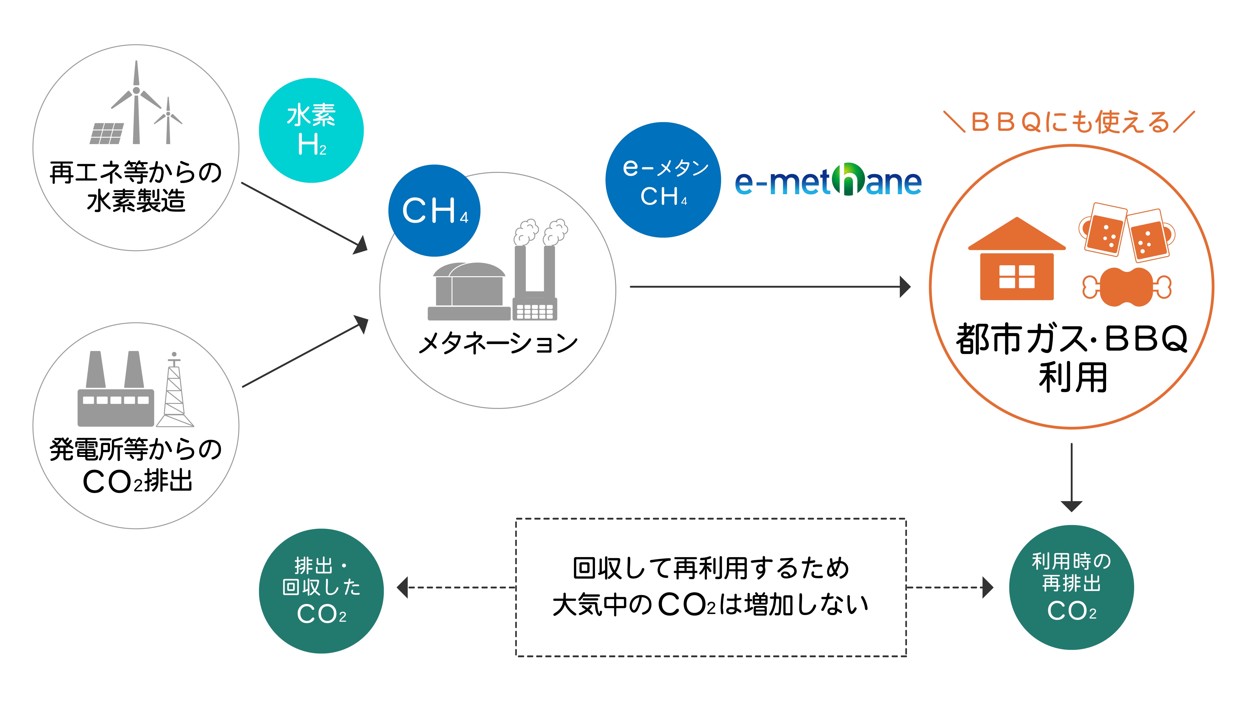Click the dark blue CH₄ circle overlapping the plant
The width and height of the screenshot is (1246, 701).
tap(434, 210)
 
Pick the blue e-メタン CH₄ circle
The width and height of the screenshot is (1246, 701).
tap(663, 180)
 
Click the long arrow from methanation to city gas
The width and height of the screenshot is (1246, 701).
tap(769, 287)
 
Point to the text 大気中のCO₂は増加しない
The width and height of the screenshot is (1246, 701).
tap(710, 605)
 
